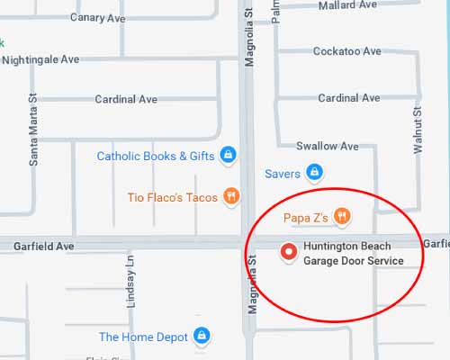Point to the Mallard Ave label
click(347, 5)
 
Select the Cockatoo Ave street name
click(346, 52)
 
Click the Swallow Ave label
click(328, 146)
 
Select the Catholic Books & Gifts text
click(156, 157)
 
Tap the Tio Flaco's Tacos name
click(172, 197)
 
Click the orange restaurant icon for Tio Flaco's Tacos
click(231, 196)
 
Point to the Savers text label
click(282, 174)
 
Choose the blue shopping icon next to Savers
click(313, 171)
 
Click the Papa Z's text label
click(305, 217)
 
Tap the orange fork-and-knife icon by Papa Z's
click(342, 216)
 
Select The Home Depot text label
click(143, 337)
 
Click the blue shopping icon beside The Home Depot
click(202, 337)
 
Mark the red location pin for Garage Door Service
click(289, 253)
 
